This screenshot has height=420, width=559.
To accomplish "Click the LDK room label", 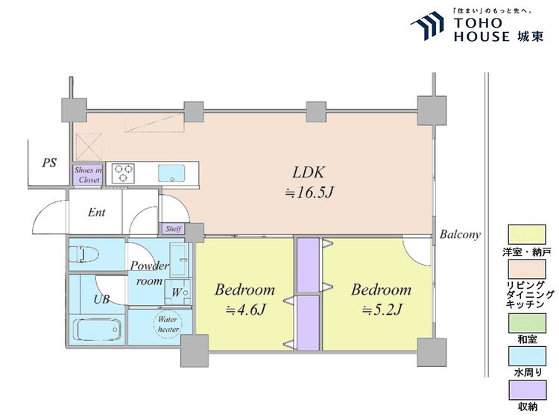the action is click(309, 172).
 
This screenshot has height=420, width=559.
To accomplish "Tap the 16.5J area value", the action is click(309, 192).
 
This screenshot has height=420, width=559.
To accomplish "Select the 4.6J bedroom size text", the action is click(245, 310).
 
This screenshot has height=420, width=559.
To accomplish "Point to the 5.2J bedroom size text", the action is click(382, 310).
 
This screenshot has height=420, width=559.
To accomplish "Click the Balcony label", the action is click(460, 234).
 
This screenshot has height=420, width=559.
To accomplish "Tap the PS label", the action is click(49, 163).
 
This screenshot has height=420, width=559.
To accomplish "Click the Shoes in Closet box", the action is click(88, 175).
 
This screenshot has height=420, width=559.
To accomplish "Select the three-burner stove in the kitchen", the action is click(123, 173).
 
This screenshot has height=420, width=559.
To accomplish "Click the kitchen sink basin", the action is click(171, 173).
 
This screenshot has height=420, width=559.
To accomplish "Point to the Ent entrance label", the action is click(97, 213).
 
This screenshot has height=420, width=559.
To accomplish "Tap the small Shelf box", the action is click(173, 229).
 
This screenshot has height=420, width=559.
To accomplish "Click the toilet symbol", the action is click(82, 254).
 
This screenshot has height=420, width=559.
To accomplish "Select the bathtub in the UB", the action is click(97, 330).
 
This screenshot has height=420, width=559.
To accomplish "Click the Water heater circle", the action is click(168, 324).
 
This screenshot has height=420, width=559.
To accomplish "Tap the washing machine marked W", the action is click(177, 292).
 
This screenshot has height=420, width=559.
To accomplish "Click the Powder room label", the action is click(149, 273).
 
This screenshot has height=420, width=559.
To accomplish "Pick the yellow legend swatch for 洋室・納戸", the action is click(526, 234).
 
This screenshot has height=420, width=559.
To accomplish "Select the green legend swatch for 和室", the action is click(527, 324).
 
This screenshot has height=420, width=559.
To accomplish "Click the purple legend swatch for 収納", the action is click(527, 390).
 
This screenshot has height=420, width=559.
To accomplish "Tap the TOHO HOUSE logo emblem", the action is click(427, 25).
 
